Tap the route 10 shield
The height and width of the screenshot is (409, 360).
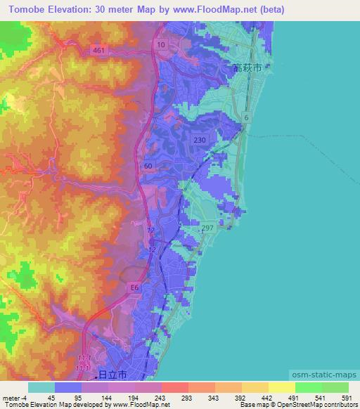(x=162, y=45)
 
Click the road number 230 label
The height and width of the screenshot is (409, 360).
(x=200, y=141)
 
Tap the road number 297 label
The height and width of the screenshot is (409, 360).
(x=207, y=228)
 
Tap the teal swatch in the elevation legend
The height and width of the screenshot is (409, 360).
(x=41, y=387)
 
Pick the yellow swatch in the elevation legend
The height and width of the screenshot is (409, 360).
(x=281, y=387)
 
